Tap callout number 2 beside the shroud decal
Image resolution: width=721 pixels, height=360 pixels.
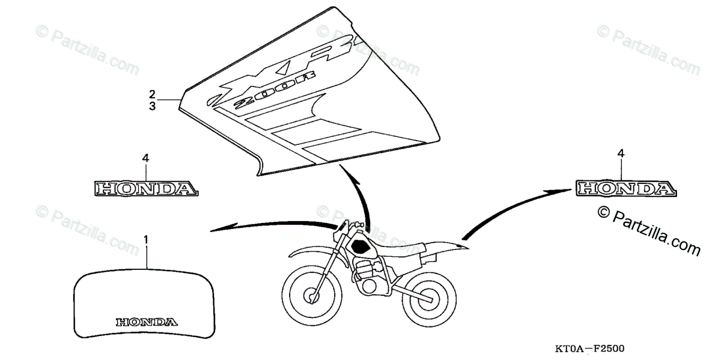point(153,94)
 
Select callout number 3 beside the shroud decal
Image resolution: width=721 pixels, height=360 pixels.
point(153,106)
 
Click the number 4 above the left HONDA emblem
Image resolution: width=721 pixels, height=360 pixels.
point(145,159)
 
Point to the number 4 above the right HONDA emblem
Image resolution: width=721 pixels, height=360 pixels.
point(621,154)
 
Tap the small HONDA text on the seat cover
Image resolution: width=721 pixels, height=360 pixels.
point(146,321)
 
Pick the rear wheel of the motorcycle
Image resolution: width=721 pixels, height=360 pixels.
point(429,294)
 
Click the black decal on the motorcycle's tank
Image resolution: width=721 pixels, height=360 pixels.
point(362,245)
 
